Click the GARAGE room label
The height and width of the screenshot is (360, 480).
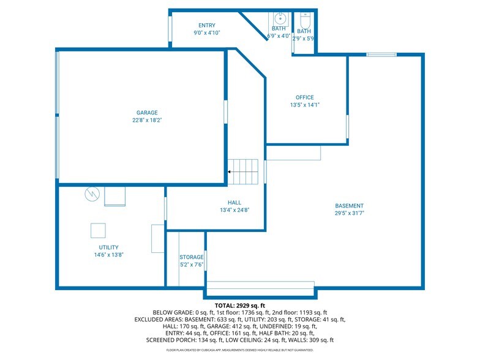(x=147, y=113)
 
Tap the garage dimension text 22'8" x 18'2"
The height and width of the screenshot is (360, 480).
(x=147, y=121)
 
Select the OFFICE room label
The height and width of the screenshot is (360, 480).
(x=304, y=97)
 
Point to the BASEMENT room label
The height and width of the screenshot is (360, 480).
(x=349, y=206)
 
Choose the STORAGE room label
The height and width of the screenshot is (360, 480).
(x=191, y=257)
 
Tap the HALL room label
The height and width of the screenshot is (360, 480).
(x=234, y=202)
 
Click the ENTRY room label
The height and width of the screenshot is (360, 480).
(x=206, y=25)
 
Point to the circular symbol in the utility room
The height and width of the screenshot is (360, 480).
(x=92, y=193)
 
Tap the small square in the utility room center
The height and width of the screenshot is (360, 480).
(x=98, y=230)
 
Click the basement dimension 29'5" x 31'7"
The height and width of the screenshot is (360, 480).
(x=349, y=214)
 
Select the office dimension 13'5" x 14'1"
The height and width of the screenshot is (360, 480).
(x=304, y=105)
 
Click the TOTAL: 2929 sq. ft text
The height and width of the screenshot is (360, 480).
(x=239, y=305)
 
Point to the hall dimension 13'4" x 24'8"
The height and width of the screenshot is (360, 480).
(x=234, y=210)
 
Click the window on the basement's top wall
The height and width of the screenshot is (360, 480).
(x=381, y=55)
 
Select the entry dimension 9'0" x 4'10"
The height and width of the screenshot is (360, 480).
(x=206, y=33)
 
